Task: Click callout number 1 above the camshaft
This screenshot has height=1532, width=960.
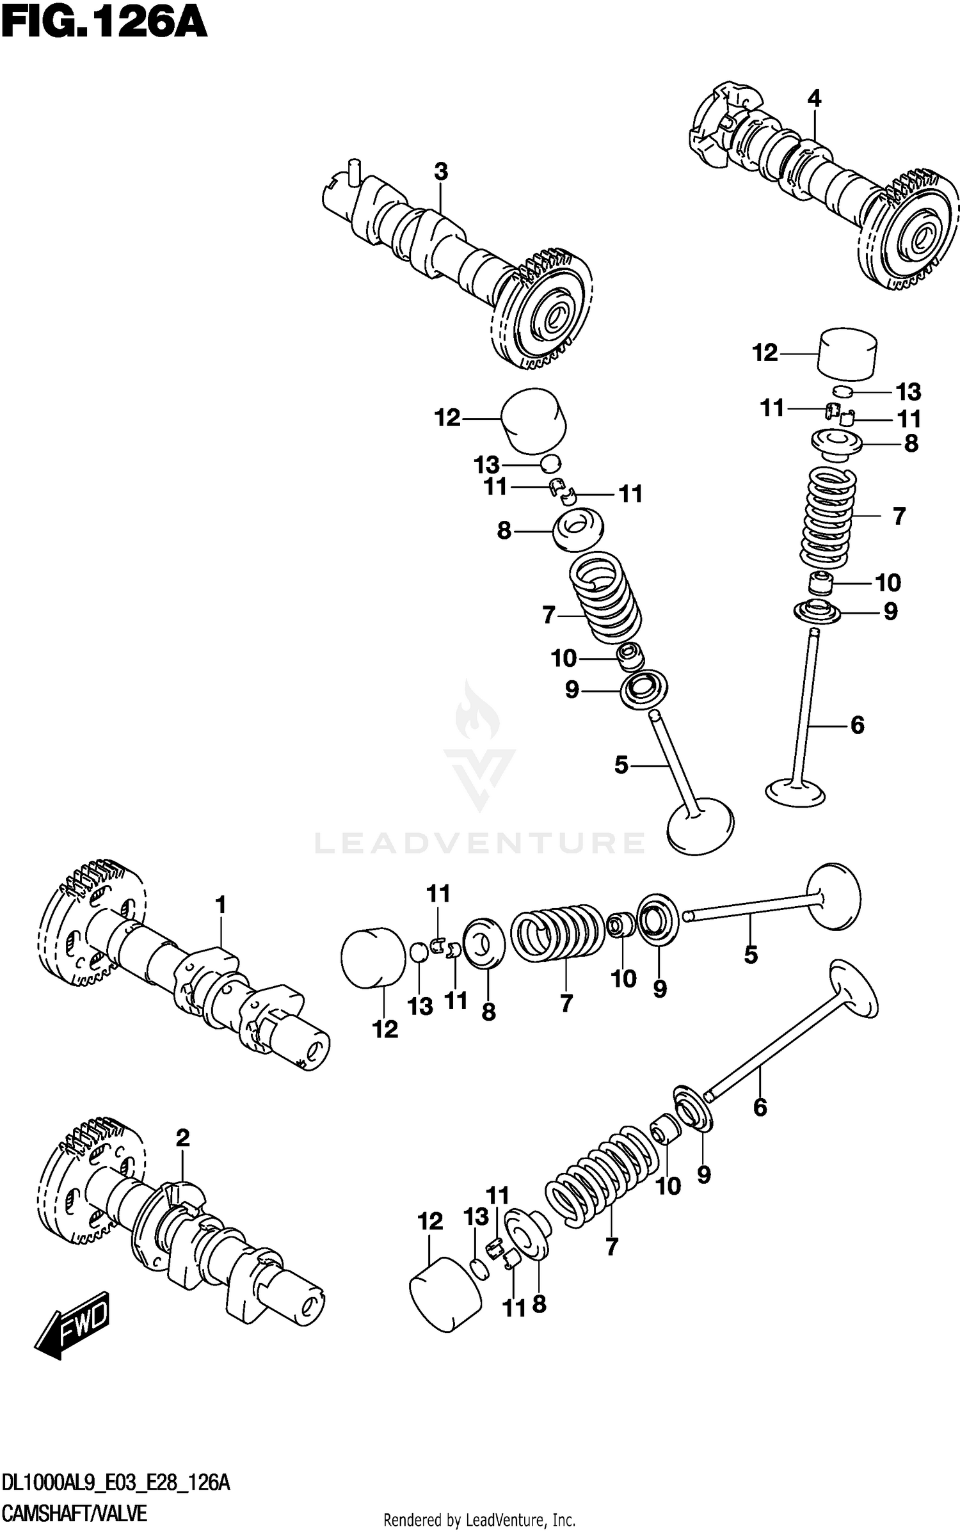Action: [220, 905]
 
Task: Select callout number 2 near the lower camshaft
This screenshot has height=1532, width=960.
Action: [182, 1138]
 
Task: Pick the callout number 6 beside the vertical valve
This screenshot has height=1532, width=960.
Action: [857, 725]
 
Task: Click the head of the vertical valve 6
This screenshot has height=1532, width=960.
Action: [796, 792]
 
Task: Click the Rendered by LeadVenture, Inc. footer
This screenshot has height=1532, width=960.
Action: [479, 1519]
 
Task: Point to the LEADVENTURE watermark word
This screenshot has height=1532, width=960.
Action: [479, 843]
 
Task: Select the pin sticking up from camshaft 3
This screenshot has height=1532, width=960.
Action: [353, 172]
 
